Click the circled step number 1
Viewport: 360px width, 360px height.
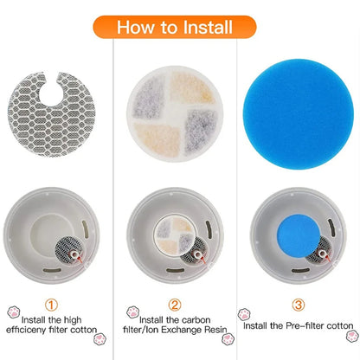pyautogui.click(x=54, y=304)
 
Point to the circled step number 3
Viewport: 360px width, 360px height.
pyautogui.click(x=299, y=304)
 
